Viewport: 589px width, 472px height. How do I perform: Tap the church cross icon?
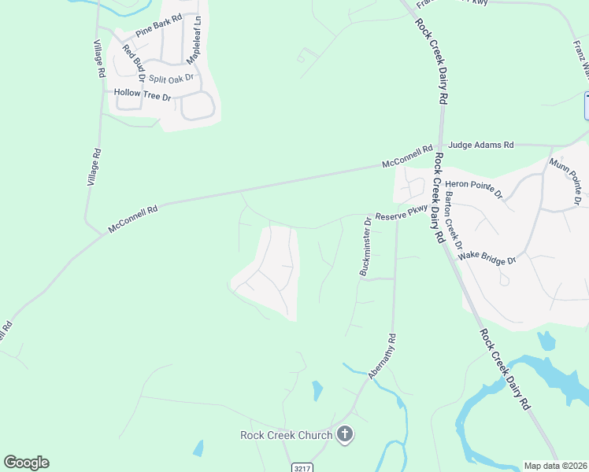pyautogui.click(x=344, y=434)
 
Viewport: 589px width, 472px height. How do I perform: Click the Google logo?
pyautogui.click(x=26, y=463)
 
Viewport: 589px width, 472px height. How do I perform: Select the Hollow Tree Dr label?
pyautogui.click(x=143, y=94)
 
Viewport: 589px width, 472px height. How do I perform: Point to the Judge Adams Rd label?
pyautogui.click(x=480, y=146)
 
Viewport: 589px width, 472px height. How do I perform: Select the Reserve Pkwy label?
pyautogui.click(x=401, y=213)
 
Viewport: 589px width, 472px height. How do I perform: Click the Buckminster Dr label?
pyautogui.click(x=365, y=247)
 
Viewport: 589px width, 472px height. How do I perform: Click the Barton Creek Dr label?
pyautogui.click(x=453, y=220)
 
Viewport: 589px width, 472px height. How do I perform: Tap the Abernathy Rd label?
pyautogui.click(x=382, y=356)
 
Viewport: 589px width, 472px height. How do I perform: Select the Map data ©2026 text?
pyautogui.click(x=555, y=466)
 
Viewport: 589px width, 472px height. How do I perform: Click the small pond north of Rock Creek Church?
pyautogui.click(x=317, y=390)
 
